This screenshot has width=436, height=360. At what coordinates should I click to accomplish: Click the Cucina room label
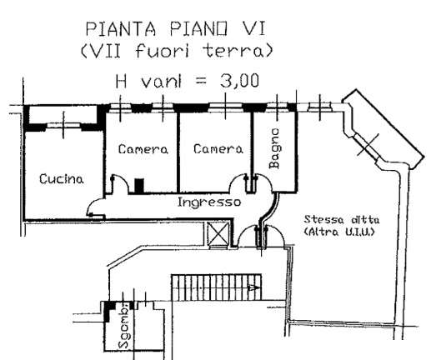point(62,178)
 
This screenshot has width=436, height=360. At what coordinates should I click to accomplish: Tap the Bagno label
point(274,148)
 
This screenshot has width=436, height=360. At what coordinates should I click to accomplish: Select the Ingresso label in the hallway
point(209,202)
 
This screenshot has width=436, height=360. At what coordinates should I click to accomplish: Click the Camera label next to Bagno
point(218,149)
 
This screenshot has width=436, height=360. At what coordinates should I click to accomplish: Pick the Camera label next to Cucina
point(143,149)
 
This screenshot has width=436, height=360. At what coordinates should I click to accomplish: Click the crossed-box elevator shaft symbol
point(218,234)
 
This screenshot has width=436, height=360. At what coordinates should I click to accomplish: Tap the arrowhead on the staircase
point(255,287)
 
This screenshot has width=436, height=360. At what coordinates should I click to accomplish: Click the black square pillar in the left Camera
point(139,186)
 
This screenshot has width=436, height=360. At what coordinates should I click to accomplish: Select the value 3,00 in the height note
point(239,81)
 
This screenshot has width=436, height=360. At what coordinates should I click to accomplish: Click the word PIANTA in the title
point(120,29)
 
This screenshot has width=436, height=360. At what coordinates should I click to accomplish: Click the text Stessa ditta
point(342,220)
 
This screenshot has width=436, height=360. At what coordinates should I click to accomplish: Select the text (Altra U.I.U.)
point(339,232)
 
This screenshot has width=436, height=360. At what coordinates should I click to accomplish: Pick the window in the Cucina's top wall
point(63,125)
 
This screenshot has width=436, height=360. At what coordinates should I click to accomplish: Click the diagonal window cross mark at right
point(368,145)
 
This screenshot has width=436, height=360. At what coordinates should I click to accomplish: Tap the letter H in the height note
point(121,81)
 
